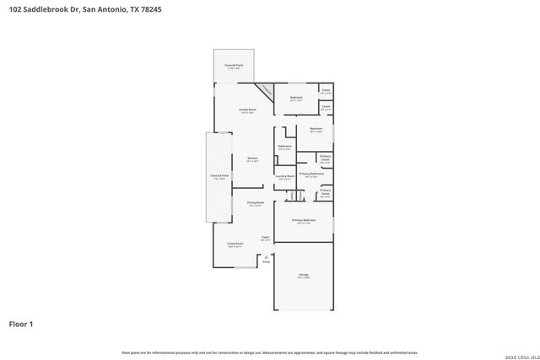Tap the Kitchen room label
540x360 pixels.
click(251, 159)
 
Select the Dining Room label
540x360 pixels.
click(255, 203)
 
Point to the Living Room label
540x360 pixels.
click(235, 244)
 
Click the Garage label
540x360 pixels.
click(303, 275)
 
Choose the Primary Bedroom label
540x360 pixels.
click(302, 221)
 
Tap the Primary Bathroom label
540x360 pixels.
click(310, 175)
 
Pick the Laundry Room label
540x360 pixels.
click(284, 176)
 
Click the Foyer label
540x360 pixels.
click(264, 238)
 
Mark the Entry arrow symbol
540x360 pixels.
click(266, 256)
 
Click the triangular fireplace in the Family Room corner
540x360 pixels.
click(266, 90)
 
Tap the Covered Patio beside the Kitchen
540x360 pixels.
click(219, 176)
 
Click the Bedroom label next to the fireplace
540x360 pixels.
click(296, 98)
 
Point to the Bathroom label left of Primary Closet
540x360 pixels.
click(284, 146)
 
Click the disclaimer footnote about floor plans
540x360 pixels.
click(269, 352)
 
